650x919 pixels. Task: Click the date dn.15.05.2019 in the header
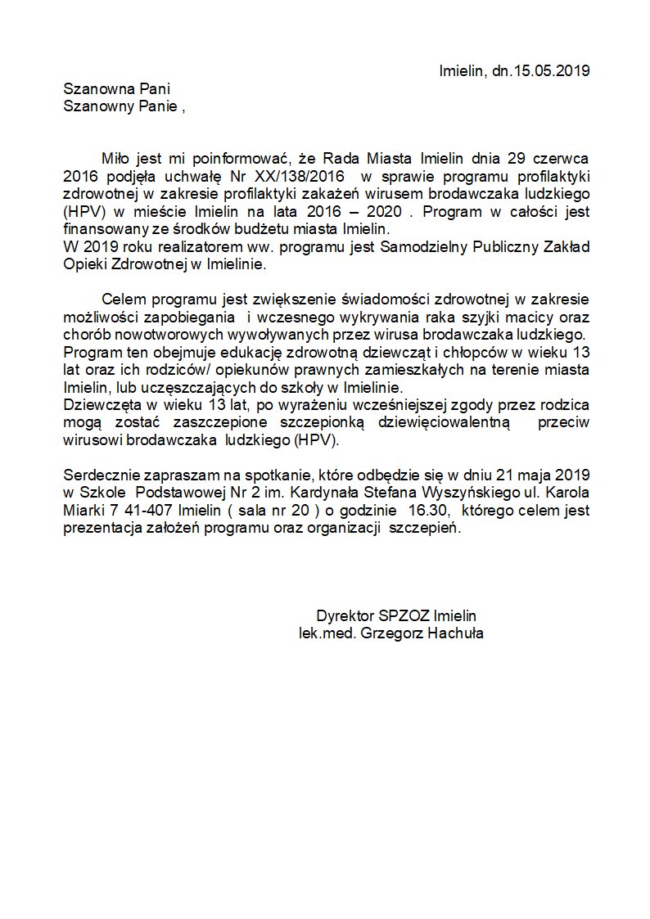pos(540,71)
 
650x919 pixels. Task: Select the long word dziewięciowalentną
pos(446,421)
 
